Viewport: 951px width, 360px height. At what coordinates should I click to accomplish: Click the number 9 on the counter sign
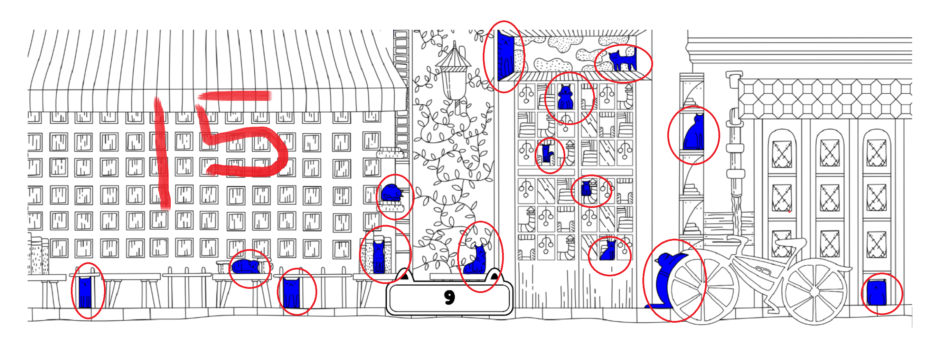449,297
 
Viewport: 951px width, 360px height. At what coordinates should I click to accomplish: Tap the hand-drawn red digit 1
162,153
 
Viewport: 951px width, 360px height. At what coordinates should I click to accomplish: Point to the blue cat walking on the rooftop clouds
622,60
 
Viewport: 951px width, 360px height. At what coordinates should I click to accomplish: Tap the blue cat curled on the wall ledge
393,192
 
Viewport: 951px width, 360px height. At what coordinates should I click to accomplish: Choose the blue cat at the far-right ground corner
876,293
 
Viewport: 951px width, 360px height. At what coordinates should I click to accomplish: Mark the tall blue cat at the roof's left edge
506,56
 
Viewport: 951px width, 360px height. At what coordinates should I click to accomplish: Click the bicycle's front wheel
815,291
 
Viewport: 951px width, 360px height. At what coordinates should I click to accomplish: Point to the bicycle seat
790,243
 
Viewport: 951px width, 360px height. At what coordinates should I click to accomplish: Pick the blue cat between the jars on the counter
379,257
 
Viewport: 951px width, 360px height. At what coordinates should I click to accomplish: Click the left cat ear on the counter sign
404,275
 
